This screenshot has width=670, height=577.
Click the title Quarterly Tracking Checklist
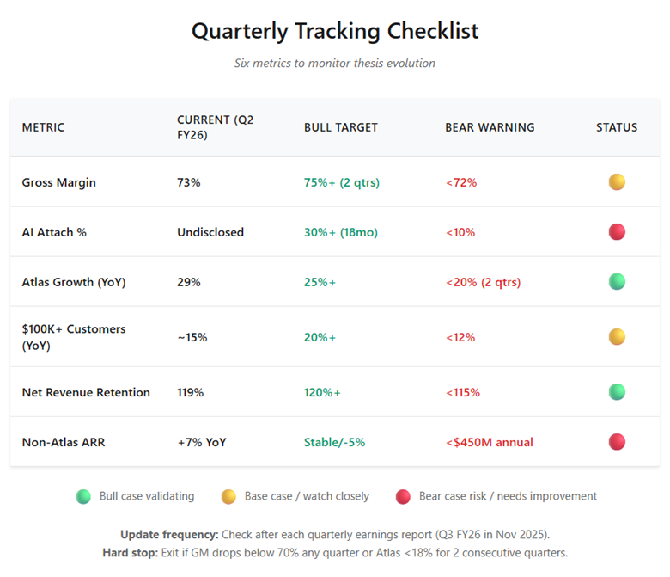click(x=334, y=31)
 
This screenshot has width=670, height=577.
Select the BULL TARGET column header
click(x=340, y=127)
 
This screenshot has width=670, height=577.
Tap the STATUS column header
click(x=617, y=127)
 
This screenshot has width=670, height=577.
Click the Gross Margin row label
click(x=58, y=182)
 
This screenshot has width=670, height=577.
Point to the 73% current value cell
click(x=188, y=182)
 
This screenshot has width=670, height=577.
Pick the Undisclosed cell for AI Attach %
click(x=210, y=232)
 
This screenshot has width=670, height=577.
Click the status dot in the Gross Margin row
click(x=617, y=182)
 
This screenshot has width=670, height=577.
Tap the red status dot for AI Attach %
click(x=617, y=232)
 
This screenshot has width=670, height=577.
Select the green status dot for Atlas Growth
click(x=617, y=282)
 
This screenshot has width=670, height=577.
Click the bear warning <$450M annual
click(x=489, y=442)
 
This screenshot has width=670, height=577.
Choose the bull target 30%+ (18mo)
click(x=341, y=232)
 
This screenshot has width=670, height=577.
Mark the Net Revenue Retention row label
click(x=86, y=392)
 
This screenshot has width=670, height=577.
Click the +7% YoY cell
click(x=202, y=442)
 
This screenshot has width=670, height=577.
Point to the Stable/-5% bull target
click(x=334, y=442)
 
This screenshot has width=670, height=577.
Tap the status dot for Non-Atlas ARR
click(x=617, y=442)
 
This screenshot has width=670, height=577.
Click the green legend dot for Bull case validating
click(x=83, y=496)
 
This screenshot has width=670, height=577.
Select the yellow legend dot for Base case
click(x=228, y=496)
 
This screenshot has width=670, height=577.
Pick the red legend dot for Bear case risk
click(x=403, y=496)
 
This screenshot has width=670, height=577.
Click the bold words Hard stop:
click(x=129, y=552)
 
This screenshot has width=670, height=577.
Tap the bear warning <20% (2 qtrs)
click(x=483, y=282)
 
